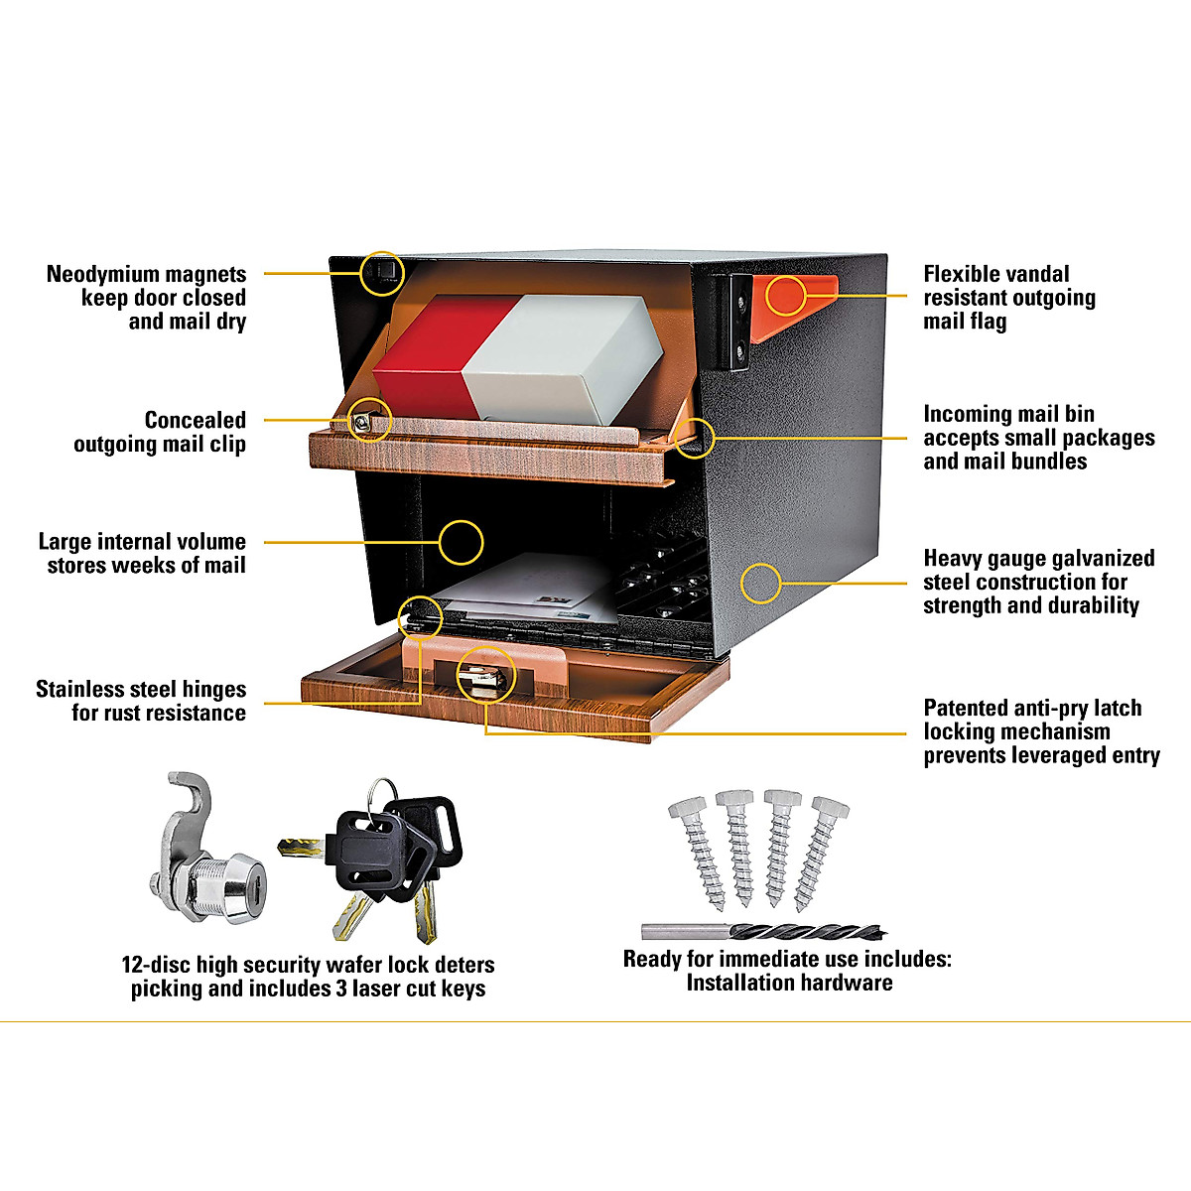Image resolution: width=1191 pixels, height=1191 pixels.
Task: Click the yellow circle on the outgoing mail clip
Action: pos(370,421)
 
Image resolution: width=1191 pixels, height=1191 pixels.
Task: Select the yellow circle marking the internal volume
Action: pos(460,542)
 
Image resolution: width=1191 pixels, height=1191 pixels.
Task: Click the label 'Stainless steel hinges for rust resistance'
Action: pos(141,701)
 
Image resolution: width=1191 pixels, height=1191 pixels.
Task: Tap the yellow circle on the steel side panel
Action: pos(761,583)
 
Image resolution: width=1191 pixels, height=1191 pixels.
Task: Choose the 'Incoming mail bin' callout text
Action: pos(1038,438)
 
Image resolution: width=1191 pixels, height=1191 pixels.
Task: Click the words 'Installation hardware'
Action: pos(789,983)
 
